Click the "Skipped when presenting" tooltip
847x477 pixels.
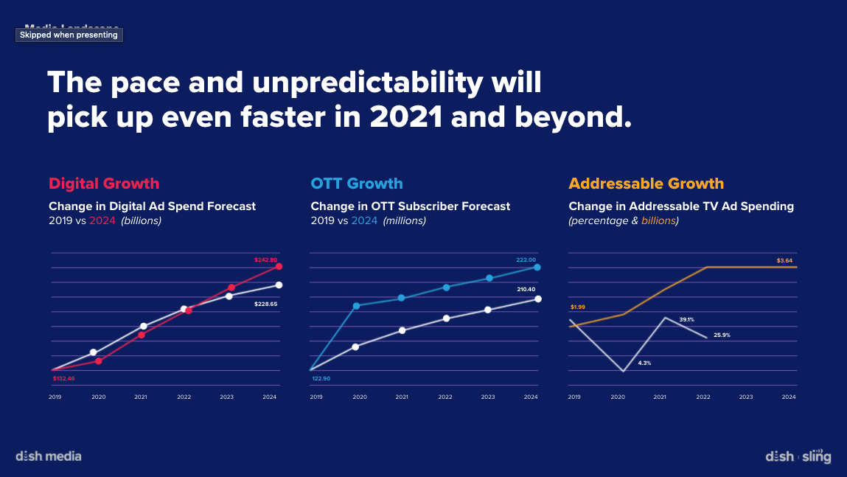coord(69,35)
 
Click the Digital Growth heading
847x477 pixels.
coord(104,184)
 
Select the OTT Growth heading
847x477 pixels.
coord(357,184)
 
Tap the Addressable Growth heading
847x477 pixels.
coord(646,184)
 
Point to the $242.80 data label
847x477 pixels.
coord(265,260)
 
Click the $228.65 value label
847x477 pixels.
coord(265,304)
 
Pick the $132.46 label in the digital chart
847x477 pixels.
coord(64,379)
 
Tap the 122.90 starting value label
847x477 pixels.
coord(321,378)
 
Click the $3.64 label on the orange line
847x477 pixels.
coord(785,260)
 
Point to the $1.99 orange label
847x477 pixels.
coord(577,307)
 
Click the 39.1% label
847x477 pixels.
coord(687,320)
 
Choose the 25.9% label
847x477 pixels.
coord(722,335)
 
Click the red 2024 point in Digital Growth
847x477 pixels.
coord(279,266)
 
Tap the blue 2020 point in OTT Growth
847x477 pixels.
coord(357,305)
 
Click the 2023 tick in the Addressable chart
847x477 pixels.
coord(746,397)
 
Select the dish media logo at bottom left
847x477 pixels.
coord(49,456)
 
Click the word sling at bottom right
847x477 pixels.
coord(816,457)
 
